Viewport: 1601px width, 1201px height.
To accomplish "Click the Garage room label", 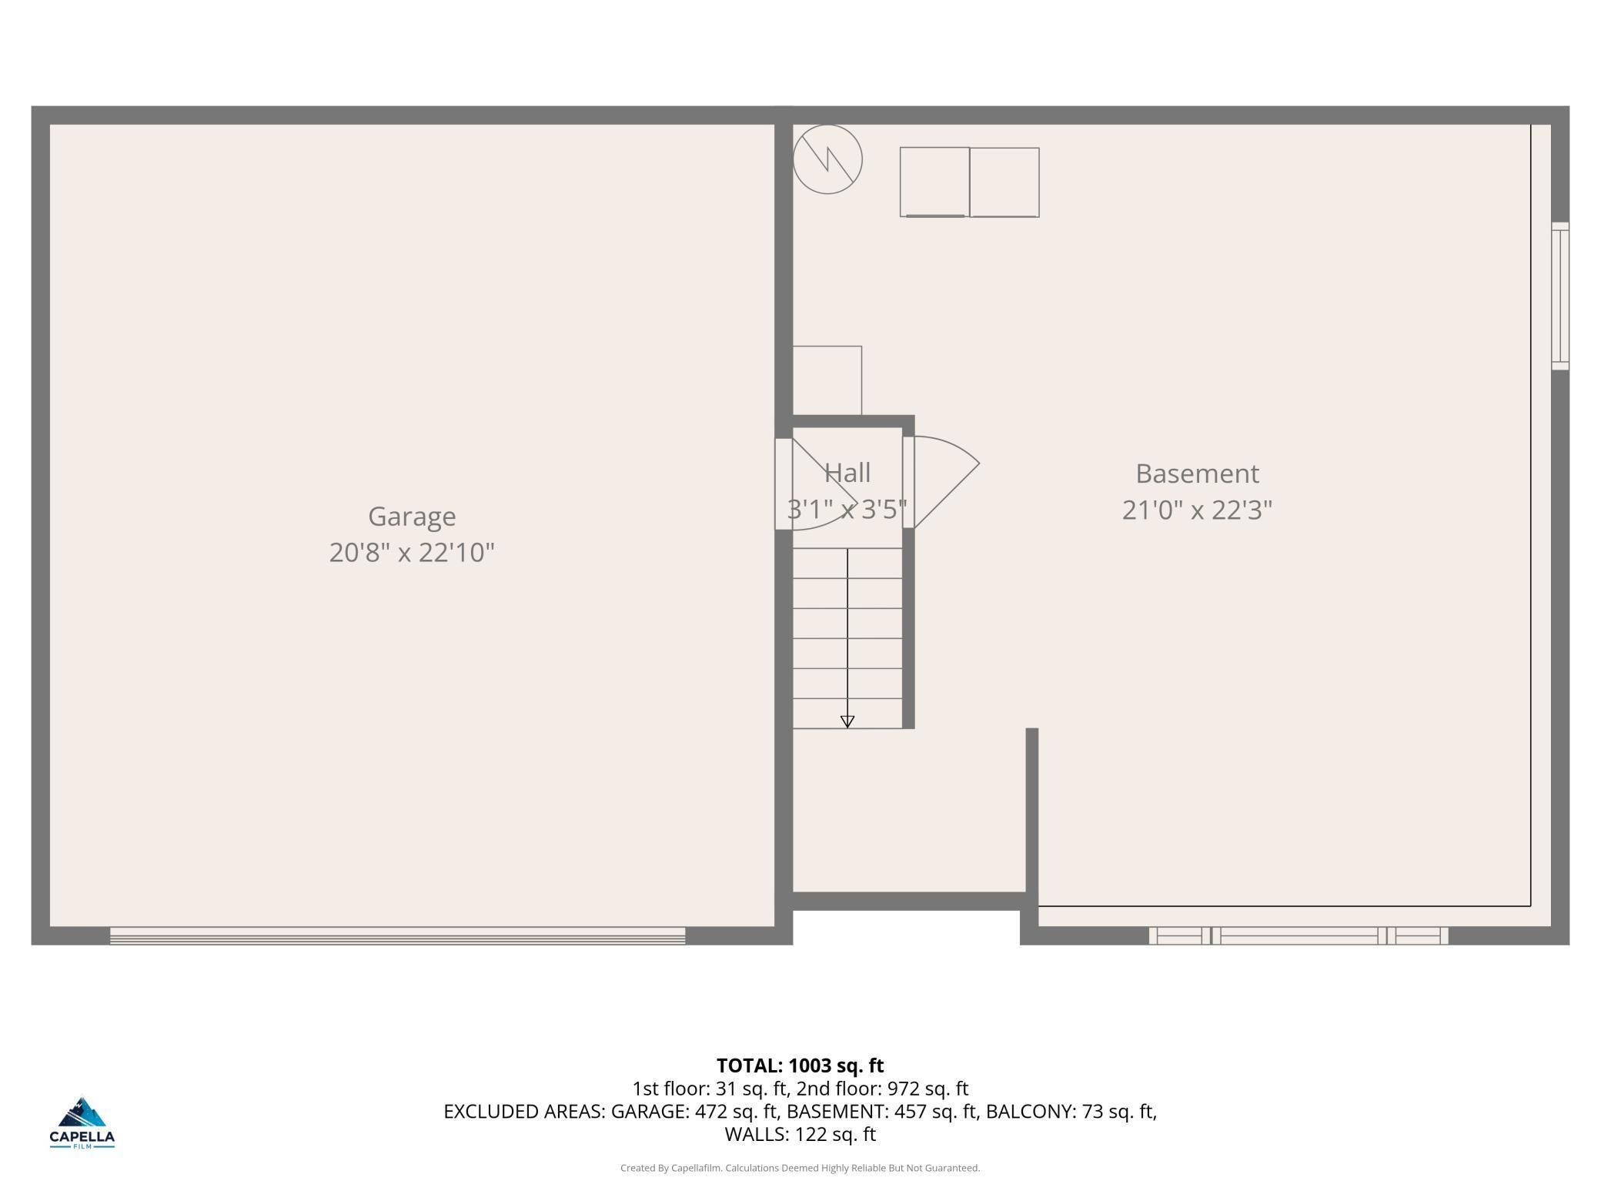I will tap(412, 517).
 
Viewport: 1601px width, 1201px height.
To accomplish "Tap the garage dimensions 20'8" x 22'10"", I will tap(412, 553).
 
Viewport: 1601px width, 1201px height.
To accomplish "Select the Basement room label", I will tap(1197, 473).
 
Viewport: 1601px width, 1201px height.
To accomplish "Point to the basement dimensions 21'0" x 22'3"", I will tap(1197, 510).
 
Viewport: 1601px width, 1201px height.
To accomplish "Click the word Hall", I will tap(847, 472).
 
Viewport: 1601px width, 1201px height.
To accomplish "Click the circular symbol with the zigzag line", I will tap(827, 159).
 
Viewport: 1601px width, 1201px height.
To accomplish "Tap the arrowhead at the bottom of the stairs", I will tap(847, 721).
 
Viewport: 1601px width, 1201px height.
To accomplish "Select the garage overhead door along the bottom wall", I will tap(397, 935).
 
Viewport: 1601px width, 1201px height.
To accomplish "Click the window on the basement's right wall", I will tap(1559, 296).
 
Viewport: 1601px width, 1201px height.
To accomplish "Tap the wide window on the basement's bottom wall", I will tap(1299, 935).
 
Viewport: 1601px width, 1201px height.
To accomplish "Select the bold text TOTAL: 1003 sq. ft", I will tap(800, 1066).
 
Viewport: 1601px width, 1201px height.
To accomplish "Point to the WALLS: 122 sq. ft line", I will tap(800, 1134).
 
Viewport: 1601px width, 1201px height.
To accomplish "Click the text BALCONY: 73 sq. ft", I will tap(1071, 1112).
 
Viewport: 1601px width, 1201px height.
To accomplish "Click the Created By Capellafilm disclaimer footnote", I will tap(800, 1168).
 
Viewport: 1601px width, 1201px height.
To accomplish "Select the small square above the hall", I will tap(827, 380).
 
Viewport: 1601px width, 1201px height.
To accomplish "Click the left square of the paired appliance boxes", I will tap(934, 182).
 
